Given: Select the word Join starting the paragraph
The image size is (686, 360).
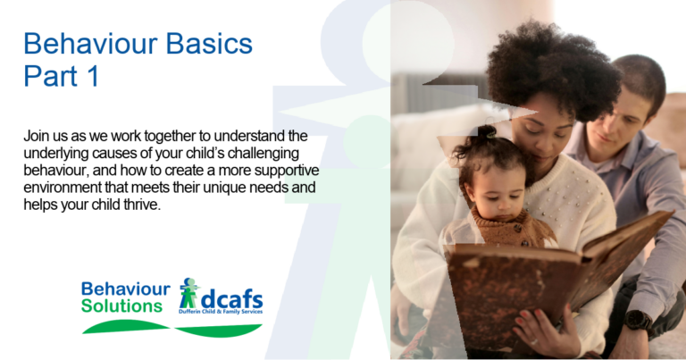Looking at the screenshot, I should tap(38, 137).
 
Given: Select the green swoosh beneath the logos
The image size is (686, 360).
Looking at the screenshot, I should tap(170, 328).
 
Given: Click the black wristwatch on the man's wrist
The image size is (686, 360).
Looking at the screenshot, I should tap(638, 320).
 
